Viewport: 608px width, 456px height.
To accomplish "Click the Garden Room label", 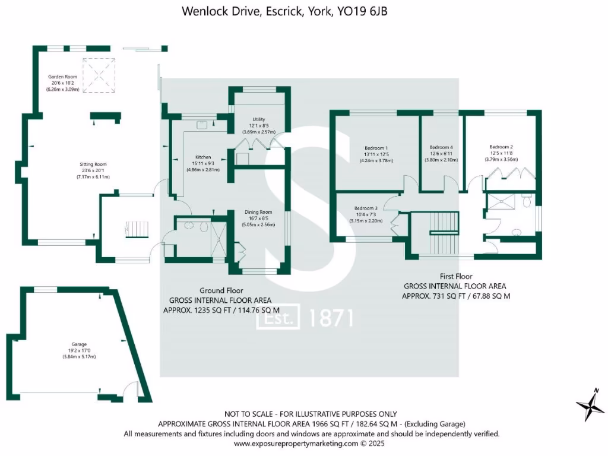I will coord(62,77).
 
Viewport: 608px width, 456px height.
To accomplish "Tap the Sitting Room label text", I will coord(93,164).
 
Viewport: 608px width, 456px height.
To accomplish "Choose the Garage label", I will coord(80,344).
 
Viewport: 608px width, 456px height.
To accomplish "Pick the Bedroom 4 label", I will coord(441,147).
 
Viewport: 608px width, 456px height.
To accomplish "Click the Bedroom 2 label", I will coord(501,147).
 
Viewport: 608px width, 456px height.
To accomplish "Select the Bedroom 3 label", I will coord(366,208).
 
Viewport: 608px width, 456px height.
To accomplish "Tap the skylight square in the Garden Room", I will coord(98,75).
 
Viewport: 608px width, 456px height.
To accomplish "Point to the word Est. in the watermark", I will coord(277,319).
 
